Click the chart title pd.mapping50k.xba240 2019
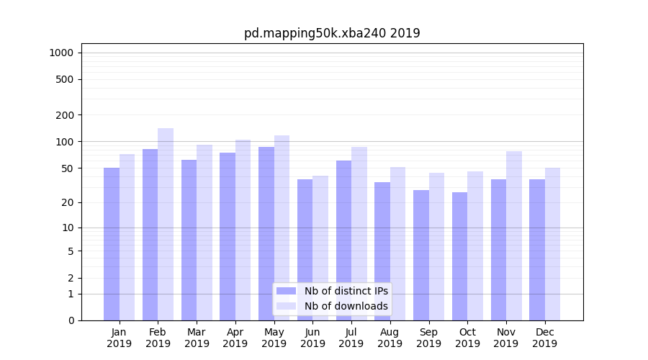tap(332, 33)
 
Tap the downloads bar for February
tap(166, 224)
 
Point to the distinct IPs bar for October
tap(459, 256)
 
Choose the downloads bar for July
tap(359, 233)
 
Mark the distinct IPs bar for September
tap(421, 255)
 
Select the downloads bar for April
tap(243, 230)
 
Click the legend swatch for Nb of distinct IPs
tap(287, 291)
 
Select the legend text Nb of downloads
tap(346, 306)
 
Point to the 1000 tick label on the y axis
tap(61, 53)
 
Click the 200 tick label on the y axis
tap(66, 115)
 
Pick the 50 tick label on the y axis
tap(68, 168)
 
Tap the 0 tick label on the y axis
tap(71, 320)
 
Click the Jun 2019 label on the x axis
tap(312, 338)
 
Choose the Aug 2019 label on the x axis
tap(390, 338)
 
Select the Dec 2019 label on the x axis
tap(545, 338)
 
